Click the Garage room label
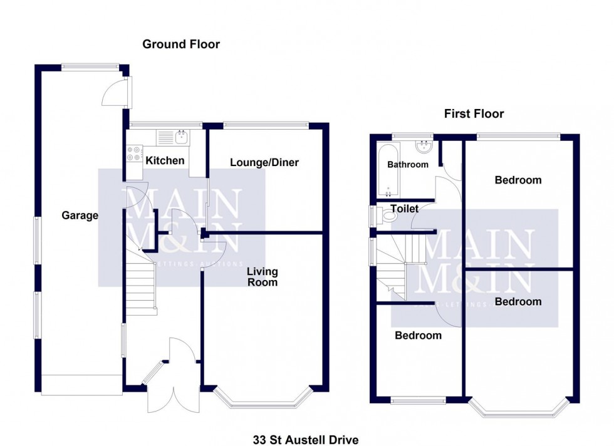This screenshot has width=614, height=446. coord(80,216)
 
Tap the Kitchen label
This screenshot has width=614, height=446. coord(165,161)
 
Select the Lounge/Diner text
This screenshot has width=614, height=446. coord(264,163)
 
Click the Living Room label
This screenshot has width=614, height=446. coord(262,277)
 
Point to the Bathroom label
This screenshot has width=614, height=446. coord(407,165)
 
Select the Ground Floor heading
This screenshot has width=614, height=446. coord(181,44)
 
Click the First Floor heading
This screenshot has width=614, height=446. coord(474,114)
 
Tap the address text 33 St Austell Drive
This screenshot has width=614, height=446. coord(306,440)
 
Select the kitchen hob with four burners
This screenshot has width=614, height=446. coord(134,153)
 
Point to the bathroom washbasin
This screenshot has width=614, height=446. coord(424,147)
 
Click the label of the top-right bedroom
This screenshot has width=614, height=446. coord(518,180)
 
